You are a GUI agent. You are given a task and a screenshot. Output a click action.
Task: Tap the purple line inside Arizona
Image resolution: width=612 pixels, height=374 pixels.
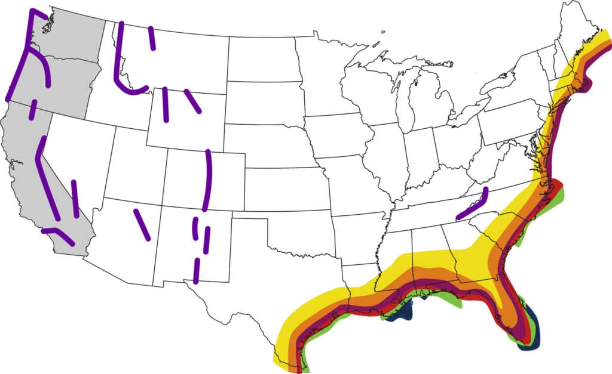click(x=142, y=224)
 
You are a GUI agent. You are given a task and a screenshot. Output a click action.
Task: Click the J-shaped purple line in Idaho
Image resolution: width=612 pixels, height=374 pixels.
click(x=123, y=78)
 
